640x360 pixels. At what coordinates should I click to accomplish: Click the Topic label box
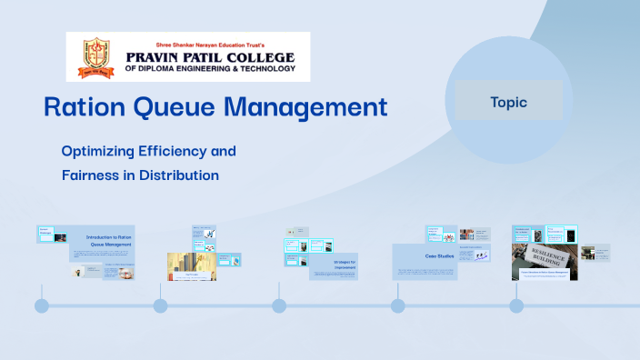508,102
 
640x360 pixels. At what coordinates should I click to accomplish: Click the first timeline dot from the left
42,305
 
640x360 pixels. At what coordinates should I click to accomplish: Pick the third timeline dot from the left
279,305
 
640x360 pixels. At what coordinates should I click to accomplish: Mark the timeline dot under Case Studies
397,305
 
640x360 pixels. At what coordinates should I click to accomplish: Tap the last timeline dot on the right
516,305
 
